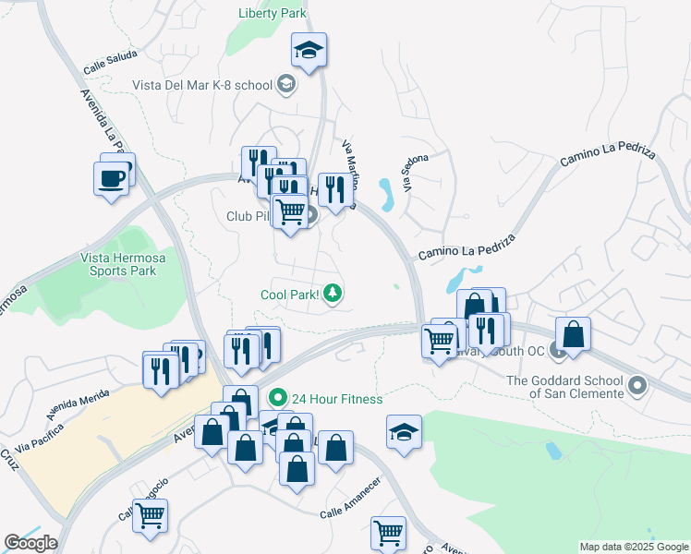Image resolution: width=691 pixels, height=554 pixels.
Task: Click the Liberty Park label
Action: pyautogui.click(x=271, y=14)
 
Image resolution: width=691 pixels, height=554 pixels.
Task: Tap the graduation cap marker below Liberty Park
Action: pyautogui.click(x=309, y=51)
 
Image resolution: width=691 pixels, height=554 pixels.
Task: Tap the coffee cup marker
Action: pyautogui.click(x=112, y=177)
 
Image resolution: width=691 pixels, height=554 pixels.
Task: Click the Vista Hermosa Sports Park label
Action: pyautogui.click(x=122, y=264)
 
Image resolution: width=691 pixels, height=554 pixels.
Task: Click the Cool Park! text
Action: pyautogui.click(x=289, y=295)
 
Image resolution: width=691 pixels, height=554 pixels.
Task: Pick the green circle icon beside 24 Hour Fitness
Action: pyautogui.click(x=276, y=398)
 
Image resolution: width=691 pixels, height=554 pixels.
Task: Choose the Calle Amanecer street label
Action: pyautogui.click(x=351, y=509)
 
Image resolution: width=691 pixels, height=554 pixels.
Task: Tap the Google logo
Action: pyautogui.click(x=30, y=543)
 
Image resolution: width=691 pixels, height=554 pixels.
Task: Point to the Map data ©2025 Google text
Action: pyautogui.click(x=634, y=547)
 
